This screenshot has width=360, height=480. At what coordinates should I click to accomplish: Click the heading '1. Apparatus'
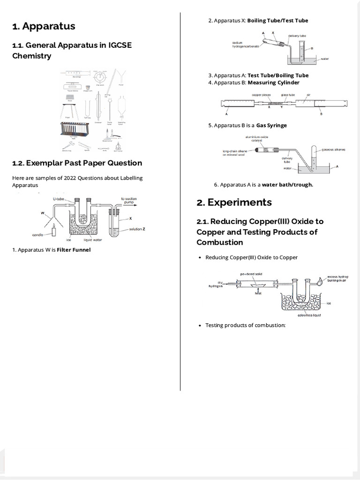point(44,26)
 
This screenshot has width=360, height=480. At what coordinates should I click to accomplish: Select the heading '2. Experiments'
point(234,202)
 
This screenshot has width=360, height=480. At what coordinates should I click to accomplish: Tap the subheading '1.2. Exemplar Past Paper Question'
point(77,163)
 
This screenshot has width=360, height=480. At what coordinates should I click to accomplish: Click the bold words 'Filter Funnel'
point(74,250)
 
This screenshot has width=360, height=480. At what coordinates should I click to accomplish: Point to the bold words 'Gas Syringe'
point(271,126)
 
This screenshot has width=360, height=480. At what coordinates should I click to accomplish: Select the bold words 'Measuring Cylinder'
point(273,82)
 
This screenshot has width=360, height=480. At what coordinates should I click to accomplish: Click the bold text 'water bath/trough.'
point(287,185)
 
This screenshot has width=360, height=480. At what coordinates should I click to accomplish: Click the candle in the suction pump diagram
point(54,230)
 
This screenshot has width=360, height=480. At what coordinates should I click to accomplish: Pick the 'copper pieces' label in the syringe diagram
point(261,95)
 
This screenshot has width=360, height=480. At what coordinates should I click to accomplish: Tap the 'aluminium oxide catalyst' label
point(256,139)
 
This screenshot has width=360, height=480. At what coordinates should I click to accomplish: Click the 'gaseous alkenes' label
point(334,150)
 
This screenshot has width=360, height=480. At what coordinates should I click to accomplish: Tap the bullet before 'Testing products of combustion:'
point(200,325)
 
